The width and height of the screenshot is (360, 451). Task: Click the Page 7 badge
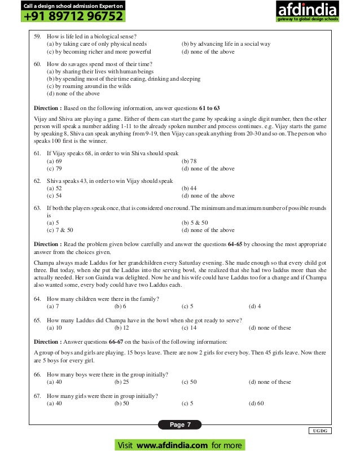(x=181, y=424)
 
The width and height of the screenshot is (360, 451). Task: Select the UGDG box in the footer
(x=320, y=431)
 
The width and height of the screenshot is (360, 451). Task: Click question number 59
(x=37, y=36)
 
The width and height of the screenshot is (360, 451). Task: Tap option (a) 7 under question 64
(x=53, y=306)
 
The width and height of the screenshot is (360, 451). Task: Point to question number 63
(x=37, y=208)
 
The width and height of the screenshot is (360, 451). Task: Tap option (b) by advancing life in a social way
(x=226, y=43)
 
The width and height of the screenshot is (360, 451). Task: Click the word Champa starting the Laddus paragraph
(x=44, y=264)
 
